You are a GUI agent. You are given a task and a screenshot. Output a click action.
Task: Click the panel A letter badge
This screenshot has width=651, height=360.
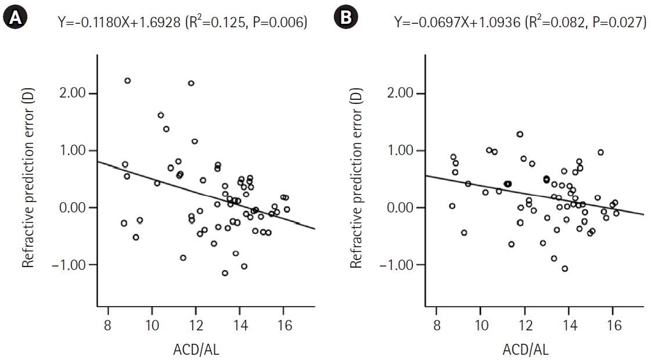tap(15, 19)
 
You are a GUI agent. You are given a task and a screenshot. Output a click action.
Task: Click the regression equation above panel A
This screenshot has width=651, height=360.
tap(182, 23)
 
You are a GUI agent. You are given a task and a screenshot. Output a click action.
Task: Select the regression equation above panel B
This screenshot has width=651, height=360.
tap(520, 23)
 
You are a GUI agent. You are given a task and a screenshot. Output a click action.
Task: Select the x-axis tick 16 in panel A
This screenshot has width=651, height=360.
tap(283, 326)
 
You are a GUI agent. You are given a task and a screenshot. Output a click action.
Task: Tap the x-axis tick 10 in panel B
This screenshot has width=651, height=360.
tap(481, 326)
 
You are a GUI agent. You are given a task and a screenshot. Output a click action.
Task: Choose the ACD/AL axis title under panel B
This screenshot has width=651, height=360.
tap(526, 350)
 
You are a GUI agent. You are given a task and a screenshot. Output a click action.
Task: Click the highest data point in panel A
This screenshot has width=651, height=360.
tap(128, 81)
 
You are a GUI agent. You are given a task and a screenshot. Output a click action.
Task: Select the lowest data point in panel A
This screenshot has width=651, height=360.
tap(225, 273)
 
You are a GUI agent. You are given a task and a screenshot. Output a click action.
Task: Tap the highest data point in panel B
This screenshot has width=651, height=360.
tap(520, 134)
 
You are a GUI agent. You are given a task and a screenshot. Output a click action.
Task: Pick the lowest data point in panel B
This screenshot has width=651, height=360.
tap(564, 268)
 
